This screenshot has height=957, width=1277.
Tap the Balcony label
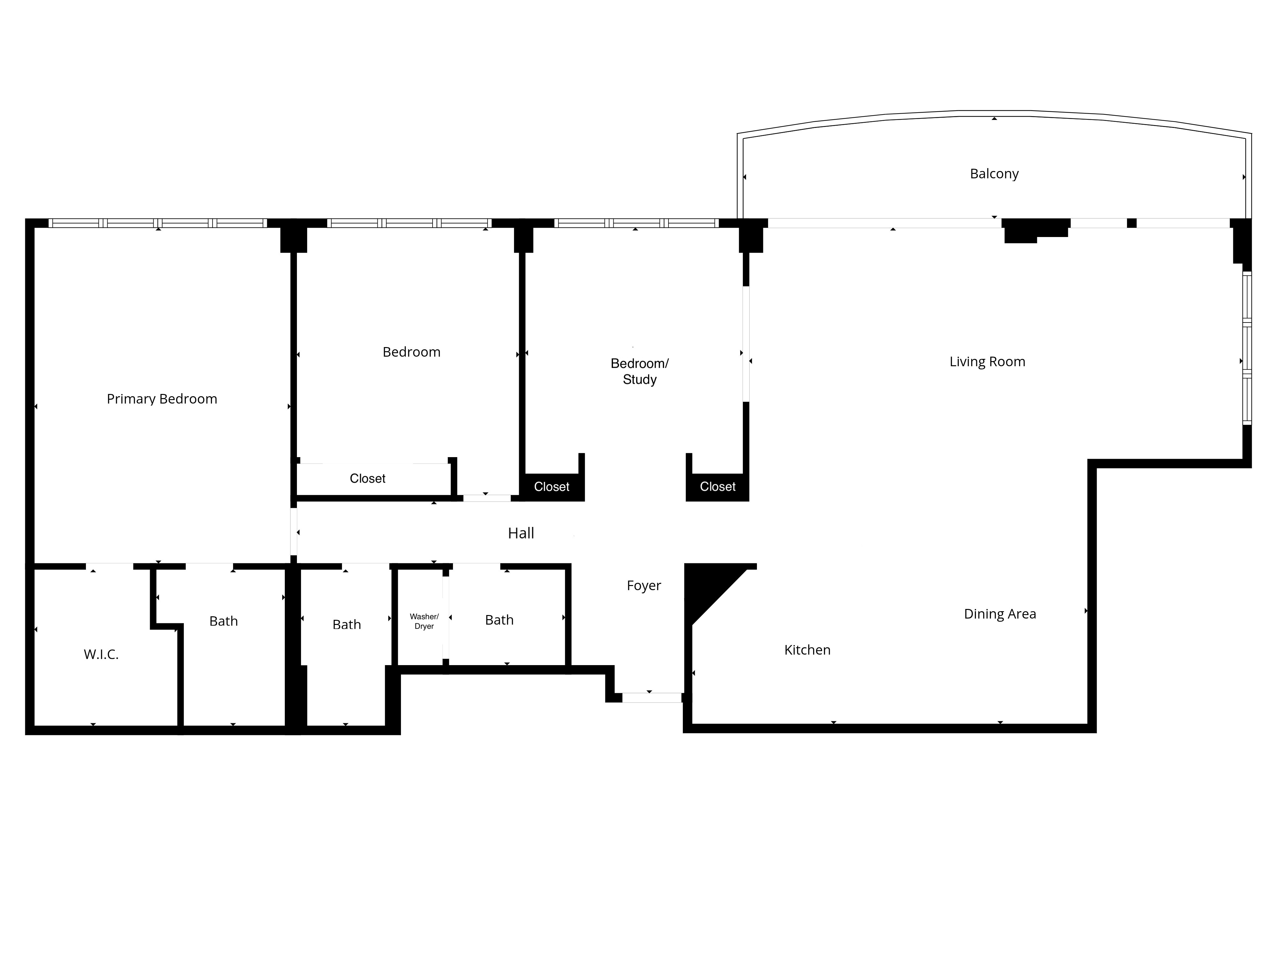[994, 174]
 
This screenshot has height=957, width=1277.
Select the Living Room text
[987, 362]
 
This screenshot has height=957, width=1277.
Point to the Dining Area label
[1000, 614]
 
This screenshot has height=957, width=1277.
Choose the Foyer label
[644, 585]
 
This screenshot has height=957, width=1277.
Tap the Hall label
[521, 533]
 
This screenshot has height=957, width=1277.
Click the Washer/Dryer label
[424, 621]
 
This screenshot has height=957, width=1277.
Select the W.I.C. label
[101, 654]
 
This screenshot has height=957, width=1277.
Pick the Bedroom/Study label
[640, 372]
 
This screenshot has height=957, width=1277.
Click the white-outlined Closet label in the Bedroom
[368, 478]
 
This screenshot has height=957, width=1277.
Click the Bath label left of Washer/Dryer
[346, 624]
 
